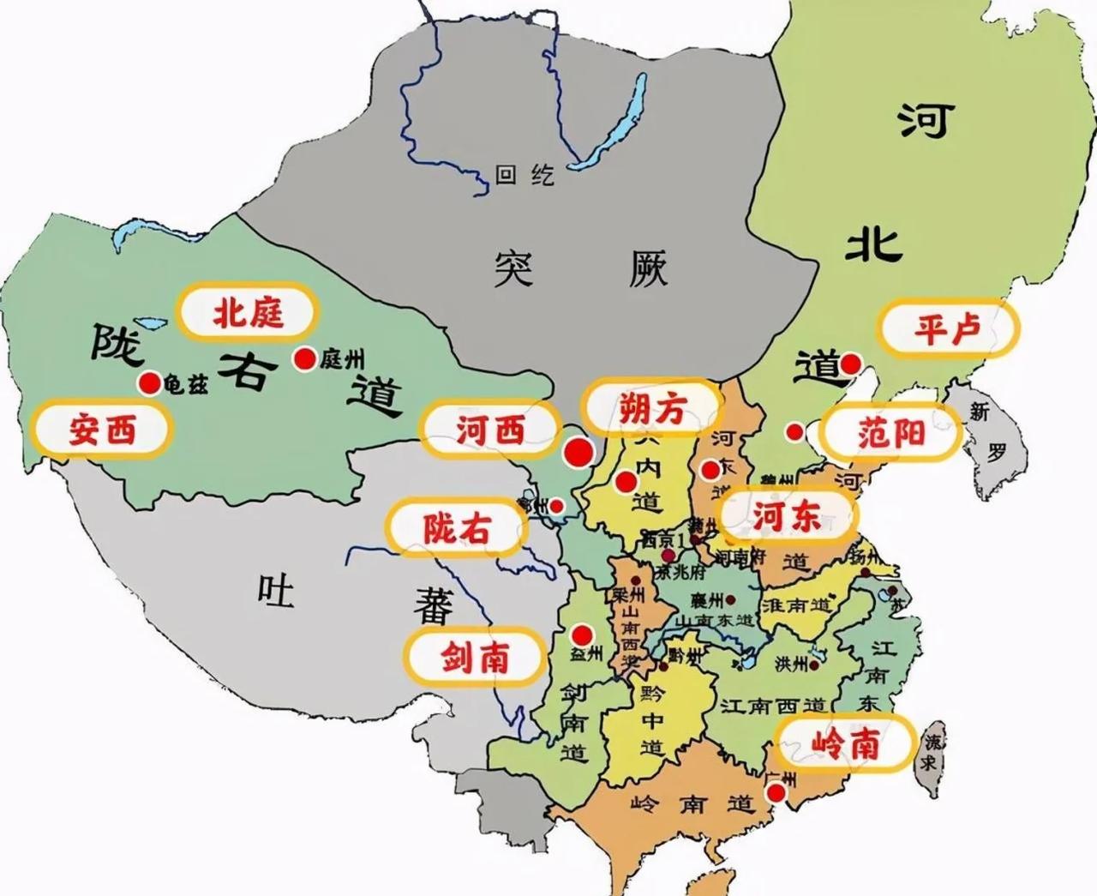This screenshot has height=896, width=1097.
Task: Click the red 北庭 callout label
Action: coord(248,313)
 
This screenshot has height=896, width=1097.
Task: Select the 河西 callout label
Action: coord(489,429)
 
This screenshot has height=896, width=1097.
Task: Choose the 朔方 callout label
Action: coord(652,410)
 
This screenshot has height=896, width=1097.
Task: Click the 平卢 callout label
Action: coord(947,328)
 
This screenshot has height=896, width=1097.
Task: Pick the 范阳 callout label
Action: coord(890,434)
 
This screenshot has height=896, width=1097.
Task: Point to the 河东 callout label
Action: coord(786,516)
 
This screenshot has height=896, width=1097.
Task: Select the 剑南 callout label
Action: coord(475,658)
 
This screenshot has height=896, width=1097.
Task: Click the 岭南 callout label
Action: coord(844,743)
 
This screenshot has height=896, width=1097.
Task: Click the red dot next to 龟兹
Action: coord(150,382)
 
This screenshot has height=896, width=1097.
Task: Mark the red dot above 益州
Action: coord(582,634)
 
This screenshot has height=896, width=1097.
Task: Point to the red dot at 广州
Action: coord(776,794)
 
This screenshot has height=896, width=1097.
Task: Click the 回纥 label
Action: coord(525,176)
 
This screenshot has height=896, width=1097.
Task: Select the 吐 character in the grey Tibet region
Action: coord(276,591)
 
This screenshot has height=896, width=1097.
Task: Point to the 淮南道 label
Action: coord(796,604)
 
